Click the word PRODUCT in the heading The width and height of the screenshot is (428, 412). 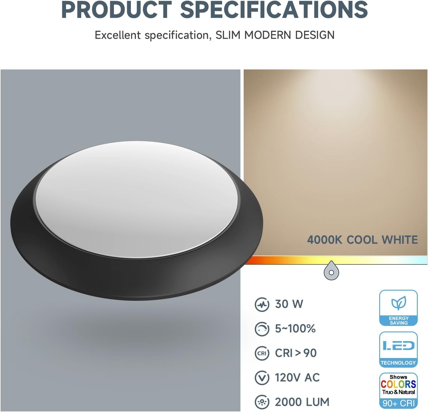tap(116, 10)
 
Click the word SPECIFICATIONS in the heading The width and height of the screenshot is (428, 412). tap(274, 10)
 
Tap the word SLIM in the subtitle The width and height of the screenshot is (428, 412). tap(228, 35)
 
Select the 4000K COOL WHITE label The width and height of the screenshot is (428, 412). tap(362, 240)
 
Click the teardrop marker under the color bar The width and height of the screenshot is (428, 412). tap(331, 271)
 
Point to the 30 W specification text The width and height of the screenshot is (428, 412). tap(289, 304)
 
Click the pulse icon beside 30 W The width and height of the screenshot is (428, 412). tap(262, 305)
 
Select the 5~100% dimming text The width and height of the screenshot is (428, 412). tap(295, 329)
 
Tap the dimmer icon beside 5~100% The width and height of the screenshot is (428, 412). tap(262, 329)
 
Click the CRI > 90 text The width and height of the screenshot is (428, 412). tap(296, 353)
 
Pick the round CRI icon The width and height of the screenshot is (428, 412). tap(262, 353)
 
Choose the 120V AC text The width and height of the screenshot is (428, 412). tap(297, 378)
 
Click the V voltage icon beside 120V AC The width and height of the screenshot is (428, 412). tap(262, 378)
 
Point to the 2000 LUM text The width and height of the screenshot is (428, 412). tap(302, 402)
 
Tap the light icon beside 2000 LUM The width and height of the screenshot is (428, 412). tap(262, 402)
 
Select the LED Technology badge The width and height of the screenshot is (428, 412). tap(398, 350)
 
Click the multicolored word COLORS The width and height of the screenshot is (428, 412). tap(398, 384)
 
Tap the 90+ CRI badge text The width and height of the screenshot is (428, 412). tap(398, 403)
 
